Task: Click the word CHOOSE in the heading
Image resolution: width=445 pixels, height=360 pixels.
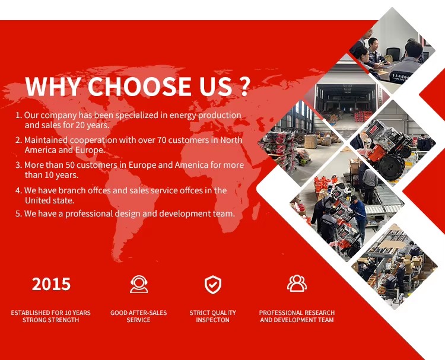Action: tap(139, 86)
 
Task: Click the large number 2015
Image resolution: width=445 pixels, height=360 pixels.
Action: tap(51, 284)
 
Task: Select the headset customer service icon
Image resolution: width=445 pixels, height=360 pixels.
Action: tap(139, 284)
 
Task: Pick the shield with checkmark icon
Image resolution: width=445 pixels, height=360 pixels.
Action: tap(213, 285)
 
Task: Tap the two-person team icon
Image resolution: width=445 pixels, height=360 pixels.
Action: tap(297, 283)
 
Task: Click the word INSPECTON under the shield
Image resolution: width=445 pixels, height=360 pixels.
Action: tap(212, 320)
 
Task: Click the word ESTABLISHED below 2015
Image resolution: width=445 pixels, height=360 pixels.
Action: tap(30, 313)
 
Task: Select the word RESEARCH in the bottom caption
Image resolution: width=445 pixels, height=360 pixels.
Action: tap(319, 313)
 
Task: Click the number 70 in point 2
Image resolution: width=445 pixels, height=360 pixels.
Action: tap(161, 140)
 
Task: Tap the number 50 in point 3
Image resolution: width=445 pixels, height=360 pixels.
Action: tap(70, 165)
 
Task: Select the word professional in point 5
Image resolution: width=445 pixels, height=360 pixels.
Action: tap(89, 214)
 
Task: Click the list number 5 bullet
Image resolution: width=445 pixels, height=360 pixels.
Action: tap(18, 214)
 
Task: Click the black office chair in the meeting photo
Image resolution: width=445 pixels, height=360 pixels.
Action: tap(393, 53)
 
